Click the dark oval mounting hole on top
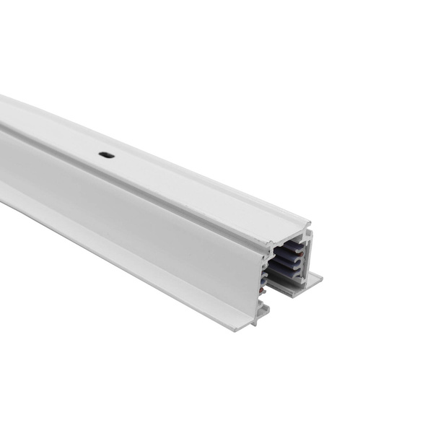pyautogui.click(x=106, y=154)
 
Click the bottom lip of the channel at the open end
pyautogui.click(x=289, y=293)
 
